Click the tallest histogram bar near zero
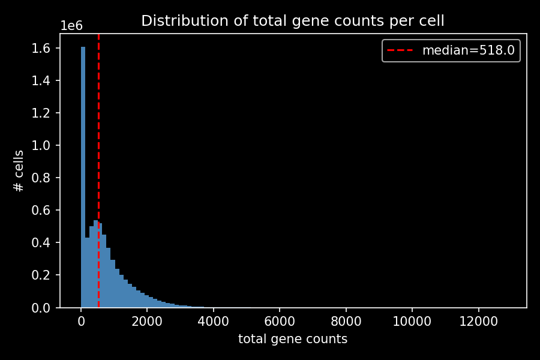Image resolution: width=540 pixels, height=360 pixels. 83,180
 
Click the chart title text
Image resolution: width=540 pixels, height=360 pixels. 293,21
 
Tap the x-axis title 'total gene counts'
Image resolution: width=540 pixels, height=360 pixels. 293,339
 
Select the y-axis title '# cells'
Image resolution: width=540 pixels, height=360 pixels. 19,171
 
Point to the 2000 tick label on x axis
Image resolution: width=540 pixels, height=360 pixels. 147,321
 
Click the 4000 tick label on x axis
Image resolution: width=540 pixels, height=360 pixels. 214,321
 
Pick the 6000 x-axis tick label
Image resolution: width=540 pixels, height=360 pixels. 280,321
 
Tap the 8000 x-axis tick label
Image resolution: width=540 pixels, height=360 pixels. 346,321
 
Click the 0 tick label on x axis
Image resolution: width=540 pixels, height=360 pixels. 81,321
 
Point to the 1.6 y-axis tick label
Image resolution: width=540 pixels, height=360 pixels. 43,48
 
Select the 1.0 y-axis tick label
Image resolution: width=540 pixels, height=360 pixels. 43,145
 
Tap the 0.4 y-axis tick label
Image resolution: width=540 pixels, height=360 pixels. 43,242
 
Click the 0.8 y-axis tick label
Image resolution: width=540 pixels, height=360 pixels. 43,178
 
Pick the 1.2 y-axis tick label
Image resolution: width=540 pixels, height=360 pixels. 43,113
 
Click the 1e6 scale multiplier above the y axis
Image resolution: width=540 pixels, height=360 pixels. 71,26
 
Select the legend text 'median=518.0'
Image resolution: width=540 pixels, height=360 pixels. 468,50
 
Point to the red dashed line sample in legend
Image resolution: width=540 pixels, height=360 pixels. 400,50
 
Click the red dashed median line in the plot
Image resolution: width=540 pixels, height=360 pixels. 98,120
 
